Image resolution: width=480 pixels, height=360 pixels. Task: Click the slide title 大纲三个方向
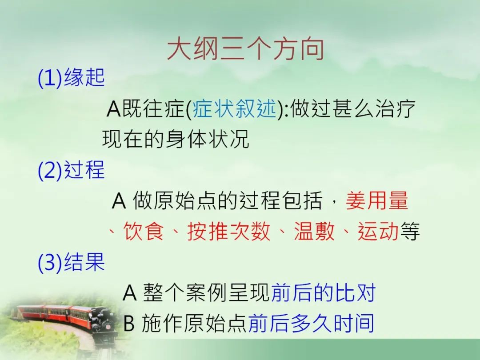click(245, 49)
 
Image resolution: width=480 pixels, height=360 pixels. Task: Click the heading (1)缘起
click(71, 77)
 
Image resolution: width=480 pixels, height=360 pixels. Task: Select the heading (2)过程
click(71, 170)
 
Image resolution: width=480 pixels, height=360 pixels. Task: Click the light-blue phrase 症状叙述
click(235, 109)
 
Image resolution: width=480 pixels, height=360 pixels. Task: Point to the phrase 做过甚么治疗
click(352, 109)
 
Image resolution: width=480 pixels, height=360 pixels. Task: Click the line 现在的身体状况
click(176, 139)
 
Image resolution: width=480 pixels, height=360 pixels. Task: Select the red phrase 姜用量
click(377, 200)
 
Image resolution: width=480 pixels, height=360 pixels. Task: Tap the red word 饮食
click(143, 231)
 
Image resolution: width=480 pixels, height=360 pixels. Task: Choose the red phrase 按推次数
click(229, 231)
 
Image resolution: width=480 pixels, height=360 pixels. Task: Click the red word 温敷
click(314, 231)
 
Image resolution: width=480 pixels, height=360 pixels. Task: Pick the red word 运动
click(378, 231)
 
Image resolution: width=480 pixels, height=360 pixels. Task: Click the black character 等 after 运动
click(409, 231)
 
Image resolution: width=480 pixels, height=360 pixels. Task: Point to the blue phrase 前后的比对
click(324, 292)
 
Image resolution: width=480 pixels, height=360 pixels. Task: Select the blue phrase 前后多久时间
click(311, 323)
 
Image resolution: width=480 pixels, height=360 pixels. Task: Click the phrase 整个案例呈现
click(207, 292)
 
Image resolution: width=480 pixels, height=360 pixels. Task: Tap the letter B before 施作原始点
click(129, 323)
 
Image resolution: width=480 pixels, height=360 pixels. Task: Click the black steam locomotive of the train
click(103, 321)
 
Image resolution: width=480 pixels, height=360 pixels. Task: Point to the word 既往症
click(153, 109)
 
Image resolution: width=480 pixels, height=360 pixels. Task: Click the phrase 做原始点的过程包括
click(228, 200)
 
